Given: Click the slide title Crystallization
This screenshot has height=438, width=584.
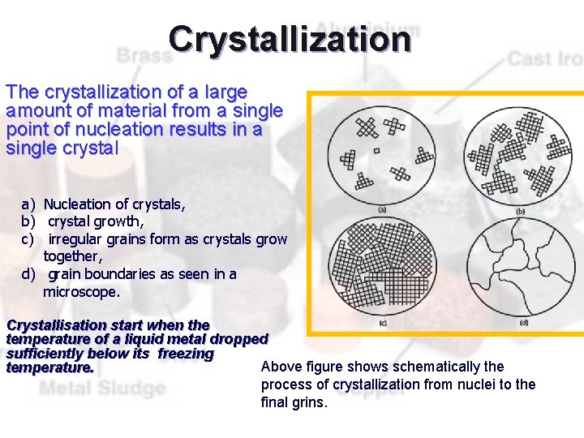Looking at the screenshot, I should tap(290, 39).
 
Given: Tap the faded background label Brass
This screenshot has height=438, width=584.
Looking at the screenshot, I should tap(144, 56).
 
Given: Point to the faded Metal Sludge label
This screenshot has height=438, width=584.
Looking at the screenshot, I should tap(102, 389).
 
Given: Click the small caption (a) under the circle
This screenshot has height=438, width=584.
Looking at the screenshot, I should tap(381, 210).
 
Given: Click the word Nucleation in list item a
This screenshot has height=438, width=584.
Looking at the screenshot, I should tap(76, 204).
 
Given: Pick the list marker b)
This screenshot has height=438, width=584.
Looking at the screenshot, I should tap(28, 221).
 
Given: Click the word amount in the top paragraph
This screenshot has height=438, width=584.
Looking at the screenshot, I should tap(33, 111).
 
